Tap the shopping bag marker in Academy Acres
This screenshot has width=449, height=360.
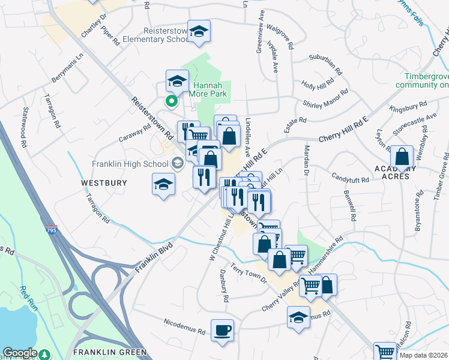click(x=402, y=158)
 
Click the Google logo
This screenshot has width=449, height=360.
click(x=20, y=353)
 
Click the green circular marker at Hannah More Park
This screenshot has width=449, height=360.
click(x=171, y=101)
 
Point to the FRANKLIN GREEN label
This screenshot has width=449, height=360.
click(x=109, y=352)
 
